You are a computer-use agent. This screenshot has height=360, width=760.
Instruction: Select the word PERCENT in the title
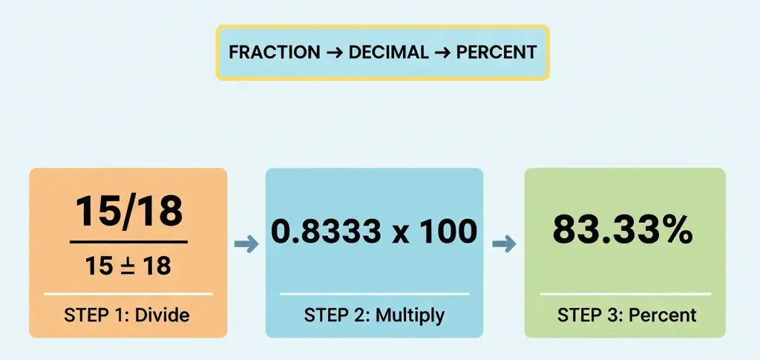[x=497, y=53]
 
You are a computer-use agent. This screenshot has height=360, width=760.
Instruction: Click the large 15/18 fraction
[x=128, y=211]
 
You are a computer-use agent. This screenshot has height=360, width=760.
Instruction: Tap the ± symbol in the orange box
[x=128, y=265]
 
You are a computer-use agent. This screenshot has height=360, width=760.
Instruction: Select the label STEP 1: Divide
[x=128, y=315]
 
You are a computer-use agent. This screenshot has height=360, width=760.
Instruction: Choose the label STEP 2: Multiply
[x=374, y=315]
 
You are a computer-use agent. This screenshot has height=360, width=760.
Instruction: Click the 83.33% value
[x=623, y=232]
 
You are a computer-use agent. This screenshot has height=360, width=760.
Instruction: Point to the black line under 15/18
[x=128, y=242]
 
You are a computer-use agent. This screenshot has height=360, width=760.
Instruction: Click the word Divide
[x=163, y=315]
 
